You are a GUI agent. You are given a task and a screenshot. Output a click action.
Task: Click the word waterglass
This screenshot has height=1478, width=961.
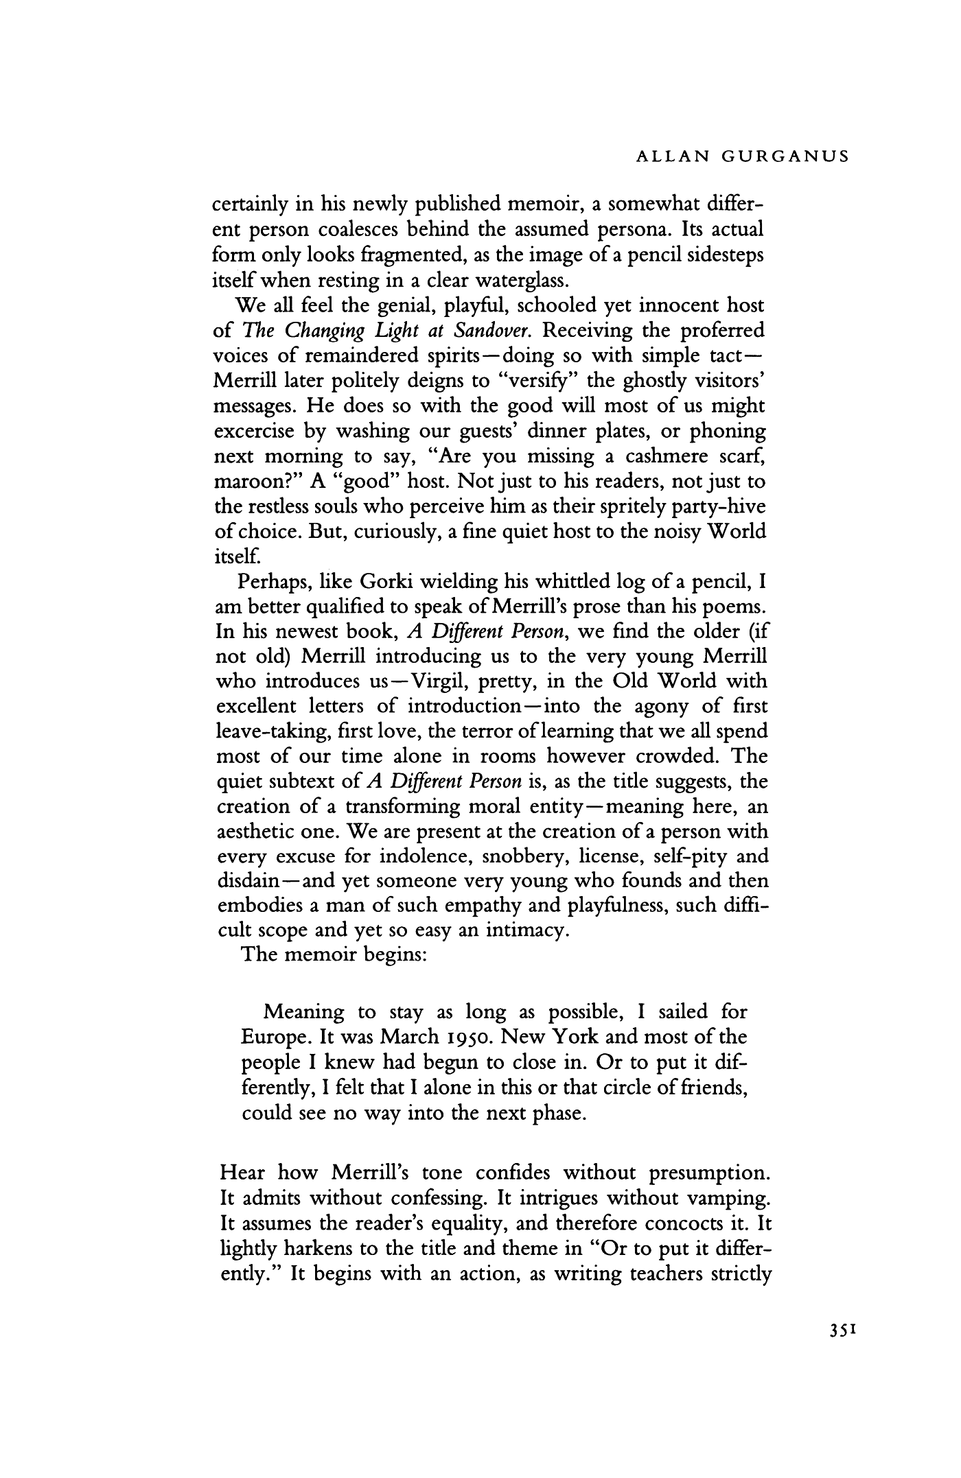[519, 281]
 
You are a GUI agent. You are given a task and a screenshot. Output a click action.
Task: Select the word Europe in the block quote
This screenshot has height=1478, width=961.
[278, 1037]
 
